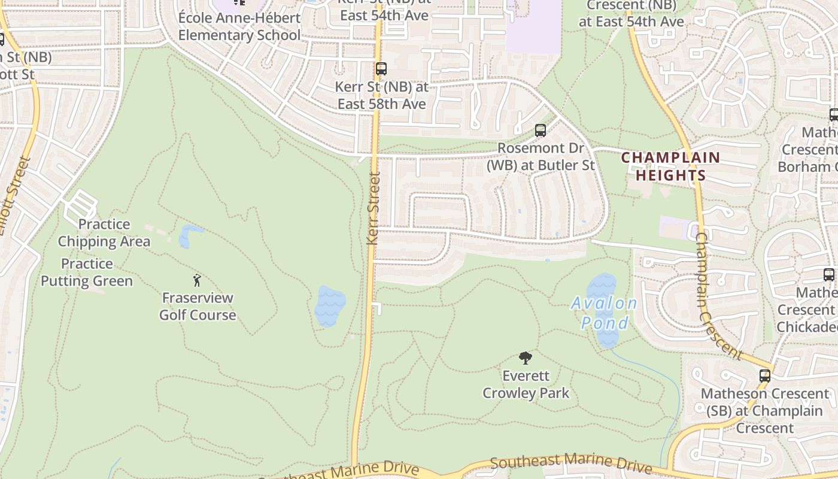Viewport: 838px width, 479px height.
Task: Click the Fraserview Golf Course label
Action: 198,306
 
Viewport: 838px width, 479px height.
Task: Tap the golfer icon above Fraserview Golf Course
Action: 197,280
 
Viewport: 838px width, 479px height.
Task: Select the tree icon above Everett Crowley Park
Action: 526,358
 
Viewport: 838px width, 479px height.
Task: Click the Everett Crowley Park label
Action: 526,384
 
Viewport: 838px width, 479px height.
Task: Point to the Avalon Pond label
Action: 604,313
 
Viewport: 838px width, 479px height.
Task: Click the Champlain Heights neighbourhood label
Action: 670,166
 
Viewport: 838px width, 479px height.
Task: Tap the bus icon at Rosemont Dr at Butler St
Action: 540,130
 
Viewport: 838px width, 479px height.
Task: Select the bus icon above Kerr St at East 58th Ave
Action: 381,69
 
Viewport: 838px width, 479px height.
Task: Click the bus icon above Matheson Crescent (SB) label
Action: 765,376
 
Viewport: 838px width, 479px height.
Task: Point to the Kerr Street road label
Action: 374,208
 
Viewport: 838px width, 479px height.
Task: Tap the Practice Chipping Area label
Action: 104,233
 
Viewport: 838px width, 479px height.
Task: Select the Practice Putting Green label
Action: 87,272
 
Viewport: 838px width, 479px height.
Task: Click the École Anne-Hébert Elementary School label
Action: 239,26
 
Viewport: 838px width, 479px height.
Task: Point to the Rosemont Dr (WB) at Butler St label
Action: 540,156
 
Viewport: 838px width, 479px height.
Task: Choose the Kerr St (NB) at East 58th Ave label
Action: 381,95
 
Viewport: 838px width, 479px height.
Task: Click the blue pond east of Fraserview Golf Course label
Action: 330,306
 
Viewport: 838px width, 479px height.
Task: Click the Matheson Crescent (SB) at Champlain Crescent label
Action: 765,411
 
